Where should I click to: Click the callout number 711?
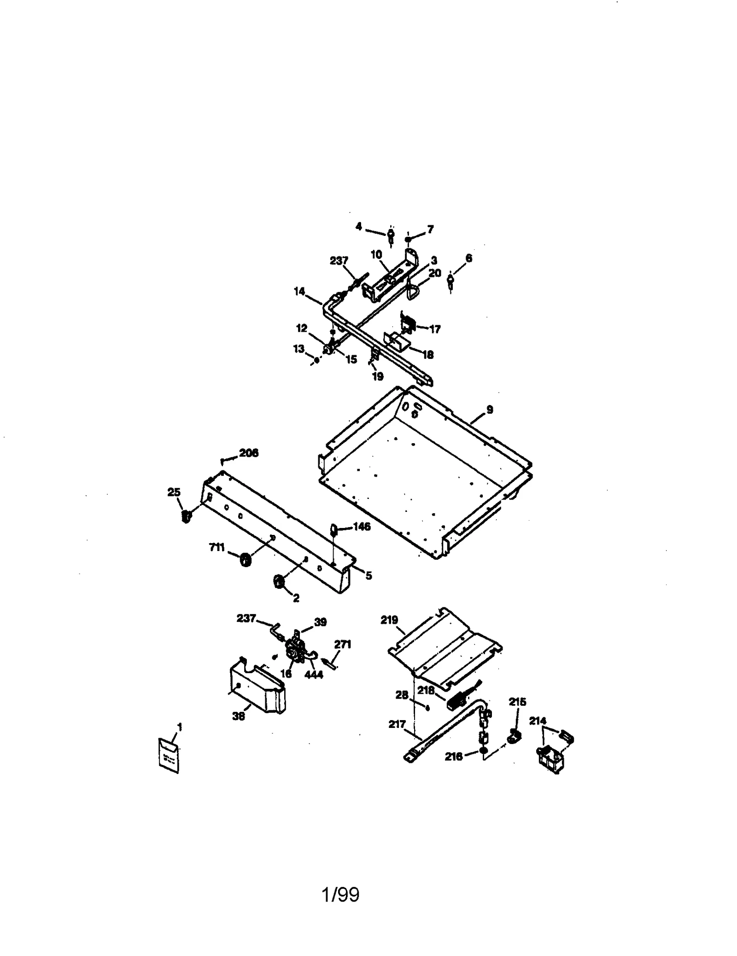[x=216, y=547]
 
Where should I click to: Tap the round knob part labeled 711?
[x=245, y=560]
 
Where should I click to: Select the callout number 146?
[x=362, y=527]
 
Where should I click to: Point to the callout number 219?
[x=389, y=620]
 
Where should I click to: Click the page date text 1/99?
[x=340, y=894]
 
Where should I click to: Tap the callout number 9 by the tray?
[x=490, y=409]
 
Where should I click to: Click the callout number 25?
[x=174, y=493]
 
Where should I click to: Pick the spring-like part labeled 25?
[x=186, y=516]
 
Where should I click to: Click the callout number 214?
[x=538, y=721]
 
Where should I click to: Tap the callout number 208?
[x=249, y=453]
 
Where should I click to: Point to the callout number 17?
[x=435, y=329]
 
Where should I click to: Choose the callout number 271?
[x=343, y=644]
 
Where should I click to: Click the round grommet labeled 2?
[x=278, y=582]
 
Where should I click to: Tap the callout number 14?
[x=299, y=291]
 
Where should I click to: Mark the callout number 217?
[x=397, y=724]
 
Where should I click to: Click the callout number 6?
[x=469, y=258]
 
